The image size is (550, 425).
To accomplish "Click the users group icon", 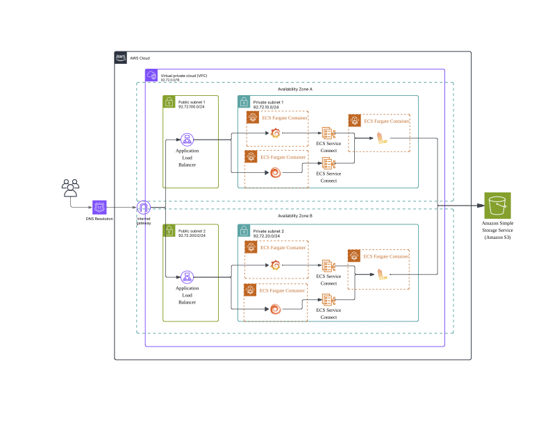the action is point(71,188).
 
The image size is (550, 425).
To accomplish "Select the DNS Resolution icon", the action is point(99,207).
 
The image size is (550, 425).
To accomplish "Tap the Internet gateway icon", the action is point(144,208).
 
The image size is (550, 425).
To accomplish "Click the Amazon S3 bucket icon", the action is point(497,206).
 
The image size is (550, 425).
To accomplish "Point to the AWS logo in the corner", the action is point(120,58).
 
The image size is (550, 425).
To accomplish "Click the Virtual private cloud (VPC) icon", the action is point(151,75).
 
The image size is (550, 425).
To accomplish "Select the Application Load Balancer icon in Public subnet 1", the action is point(187,140).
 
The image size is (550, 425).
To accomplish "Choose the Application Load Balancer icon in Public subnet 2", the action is point(187,277).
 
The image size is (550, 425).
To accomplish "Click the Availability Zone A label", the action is point(295,90).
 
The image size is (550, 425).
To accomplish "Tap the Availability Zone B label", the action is point(295,216).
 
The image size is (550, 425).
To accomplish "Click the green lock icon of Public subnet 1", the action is point(169,101).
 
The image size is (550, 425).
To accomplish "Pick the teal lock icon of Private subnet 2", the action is point(244,231).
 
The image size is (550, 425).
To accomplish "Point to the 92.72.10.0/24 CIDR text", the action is point(266,108).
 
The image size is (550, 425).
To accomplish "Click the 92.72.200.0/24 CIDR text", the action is point(192,235).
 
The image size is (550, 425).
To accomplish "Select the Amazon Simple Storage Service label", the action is point(497,230).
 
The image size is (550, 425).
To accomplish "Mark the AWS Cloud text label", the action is point(140,58).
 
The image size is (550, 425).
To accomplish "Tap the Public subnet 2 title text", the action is point(192,231).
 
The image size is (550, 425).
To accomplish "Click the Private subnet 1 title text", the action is point(268,102).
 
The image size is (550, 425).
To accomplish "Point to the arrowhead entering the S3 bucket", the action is point(481,206).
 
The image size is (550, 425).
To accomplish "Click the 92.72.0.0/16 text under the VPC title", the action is point(170,80).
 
